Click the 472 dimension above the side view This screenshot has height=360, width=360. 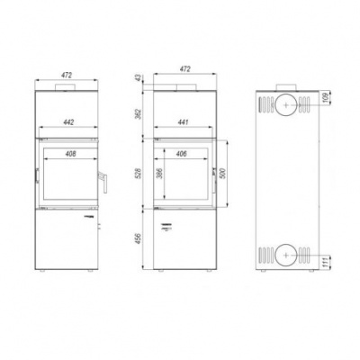(184, 67)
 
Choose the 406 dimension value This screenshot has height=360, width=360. (184, 153)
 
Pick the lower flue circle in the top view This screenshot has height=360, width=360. (283, 256)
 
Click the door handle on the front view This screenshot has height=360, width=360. (104, 182)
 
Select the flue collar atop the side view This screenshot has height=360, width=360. (184, 87)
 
